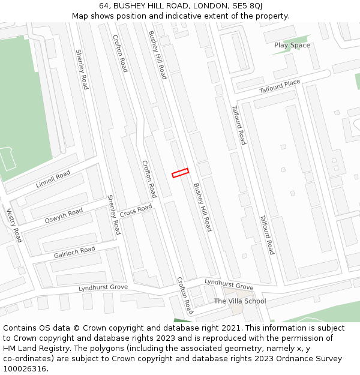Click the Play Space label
click(x=292, y=45)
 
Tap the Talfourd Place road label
click(x=280, y=86)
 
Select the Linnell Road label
click(x=53, y=179)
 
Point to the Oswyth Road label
click(x=64, y=216)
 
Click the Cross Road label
click(x=136, y=211)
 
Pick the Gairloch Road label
click(x=74, y=252)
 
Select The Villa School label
click(x=240, y=301)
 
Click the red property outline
click(x=181, y=173)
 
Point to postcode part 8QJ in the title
click(x=255, y=5)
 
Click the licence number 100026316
click(x=25, y=369)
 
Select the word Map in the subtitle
click(x=80, y=16)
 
